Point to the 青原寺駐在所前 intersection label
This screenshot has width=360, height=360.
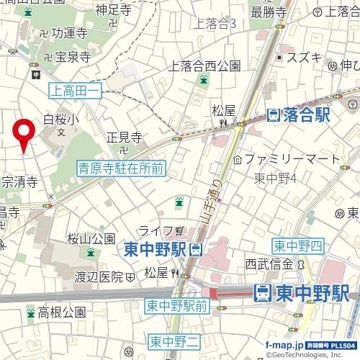click(x=121, y=168)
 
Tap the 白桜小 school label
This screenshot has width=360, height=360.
click(x=59, y=120)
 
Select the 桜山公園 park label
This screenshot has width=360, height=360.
click(x=91, y=238)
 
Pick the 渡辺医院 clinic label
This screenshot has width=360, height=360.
click(x=100, y=276)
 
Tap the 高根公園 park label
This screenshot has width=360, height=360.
click(x=61, y=312)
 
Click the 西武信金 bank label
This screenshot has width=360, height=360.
click(x=270, y=264)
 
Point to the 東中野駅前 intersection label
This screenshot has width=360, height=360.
click(x=176, y=305)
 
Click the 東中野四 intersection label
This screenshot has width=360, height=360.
click(x=297, y=246)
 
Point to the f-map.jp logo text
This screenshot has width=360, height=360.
click(x=283, y=345)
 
